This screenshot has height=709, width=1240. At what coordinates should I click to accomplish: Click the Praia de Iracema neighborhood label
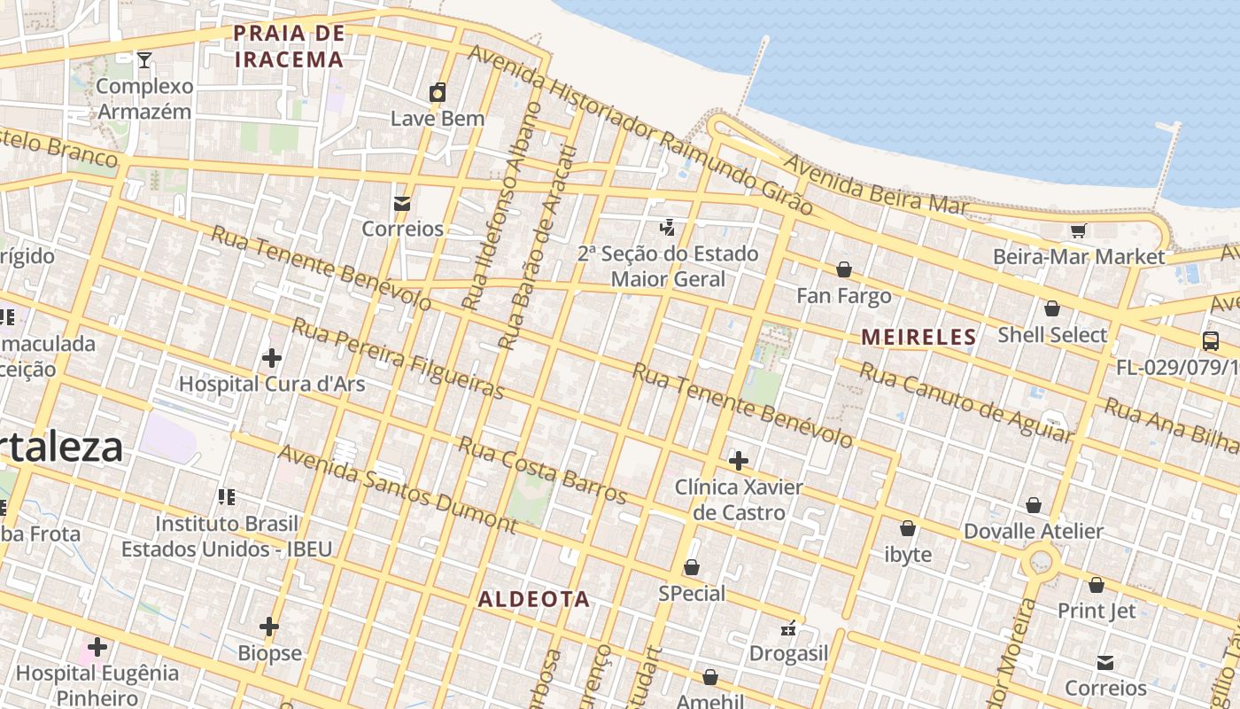(288, 47)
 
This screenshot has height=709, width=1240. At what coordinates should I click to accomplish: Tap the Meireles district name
(918, 338)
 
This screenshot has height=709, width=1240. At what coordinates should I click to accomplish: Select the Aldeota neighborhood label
(534, 599)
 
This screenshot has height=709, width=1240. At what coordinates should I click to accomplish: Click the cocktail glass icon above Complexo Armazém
(144, 60)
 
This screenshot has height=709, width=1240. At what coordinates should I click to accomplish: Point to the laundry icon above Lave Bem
(438, 92)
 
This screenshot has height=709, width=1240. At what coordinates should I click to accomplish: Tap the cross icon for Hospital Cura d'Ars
(272, 358)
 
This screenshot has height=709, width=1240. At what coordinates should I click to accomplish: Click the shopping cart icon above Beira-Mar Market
(1078, 231)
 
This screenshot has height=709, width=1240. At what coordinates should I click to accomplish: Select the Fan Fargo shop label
(843, 296)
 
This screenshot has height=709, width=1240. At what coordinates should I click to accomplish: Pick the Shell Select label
(1052, 335)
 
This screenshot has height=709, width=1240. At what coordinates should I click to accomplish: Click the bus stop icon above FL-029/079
(1210, 340)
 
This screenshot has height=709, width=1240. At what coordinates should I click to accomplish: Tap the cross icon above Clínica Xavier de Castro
(738, 461)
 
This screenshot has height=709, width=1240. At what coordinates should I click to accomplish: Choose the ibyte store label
(908, 555)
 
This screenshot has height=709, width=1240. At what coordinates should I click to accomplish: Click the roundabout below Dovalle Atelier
(1040, 562)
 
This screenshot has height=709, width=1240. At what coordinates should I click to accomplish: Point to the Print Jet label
(1097, 611)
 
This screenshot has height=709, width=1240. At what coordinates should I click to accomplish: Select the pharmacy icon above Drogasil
(788, 628)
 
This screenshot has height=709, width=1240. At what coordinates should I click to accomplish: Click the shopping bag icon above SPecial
(692, 567)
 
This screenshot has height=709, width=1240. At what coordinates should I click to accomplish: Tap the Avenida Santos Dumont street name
(398, 488)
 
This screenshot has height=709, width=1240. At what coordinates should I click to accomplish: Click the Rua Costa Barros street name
(542, 469)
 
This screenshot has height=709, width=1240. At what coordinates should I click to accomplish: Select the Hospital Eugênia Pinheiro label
(97, 685)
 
